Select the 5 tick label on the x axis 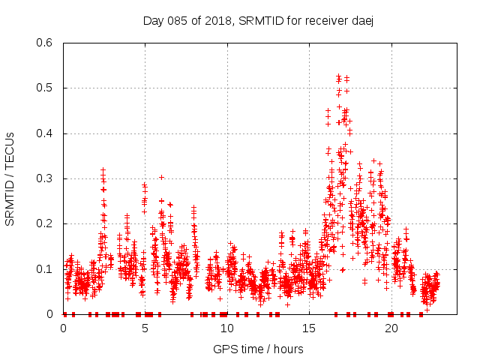145,328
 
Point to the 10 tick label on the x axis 227,328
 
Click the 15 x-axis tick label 309,328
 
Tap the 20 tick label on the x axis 391,328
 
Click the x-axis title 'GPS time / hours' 258,349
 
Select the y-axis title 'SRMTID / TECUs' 10,178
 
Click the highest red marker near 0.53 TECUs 339,76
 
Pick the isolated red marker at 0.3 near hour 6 161,177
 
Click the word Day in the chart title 153,20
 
